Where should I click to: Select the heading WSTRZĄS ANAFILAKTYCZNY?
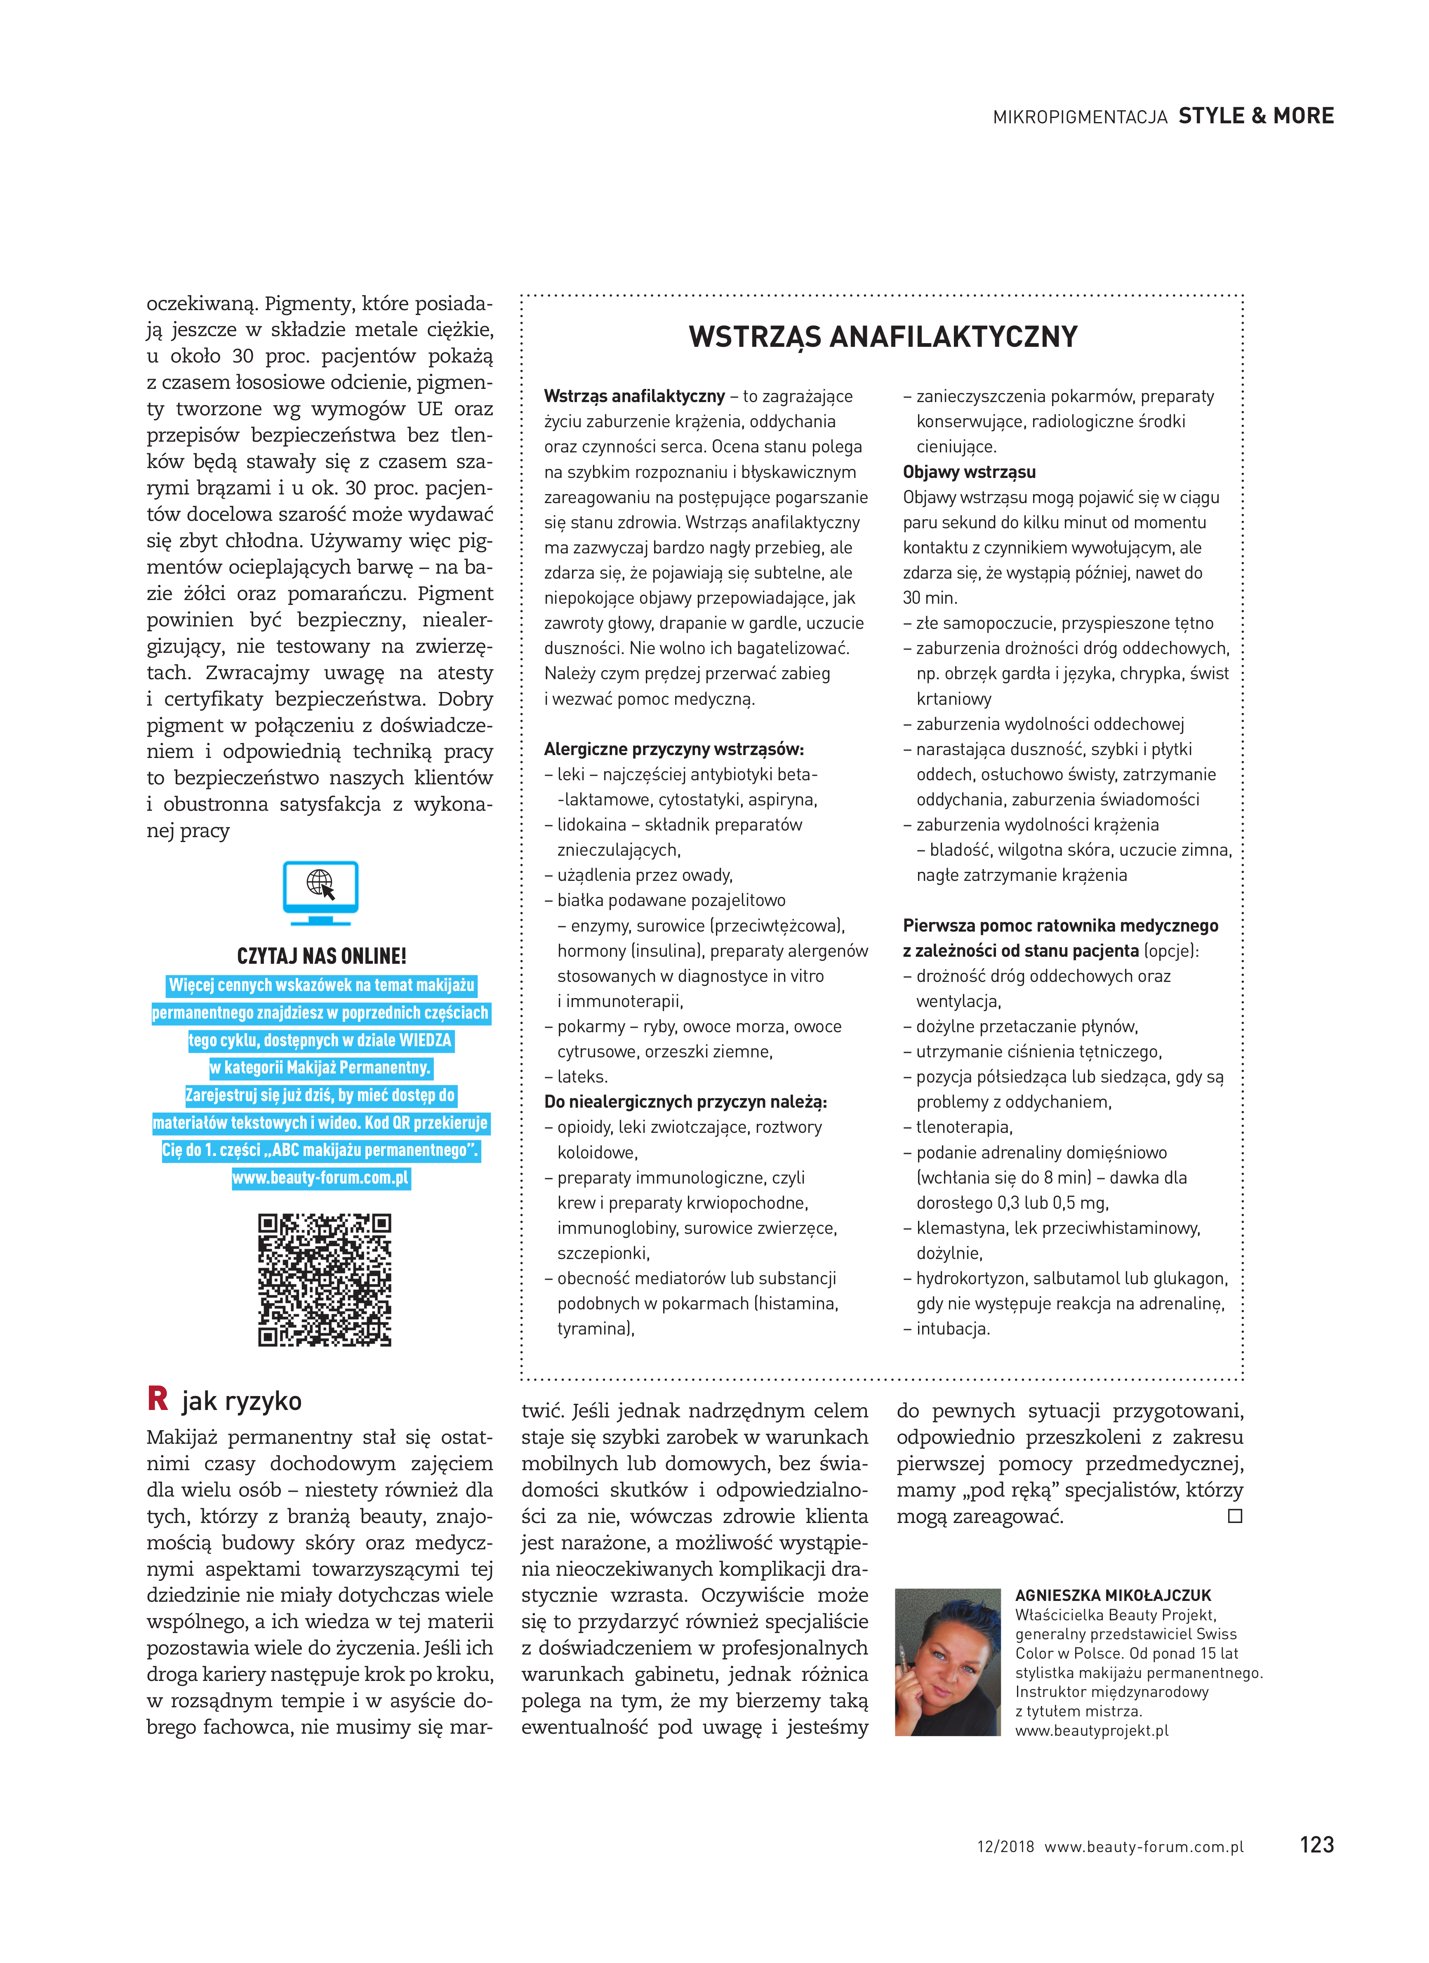(x=883, y=337)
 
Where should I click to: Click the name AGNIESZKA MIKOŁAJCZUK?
(x=1113, y=1595)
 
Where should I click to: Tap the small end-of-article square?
(x=1235, y=1516)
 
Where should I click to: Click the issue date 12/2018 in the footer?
(x=1005, y=1846)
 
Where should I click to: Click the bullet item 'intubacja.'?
(x=952, y=1329)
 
